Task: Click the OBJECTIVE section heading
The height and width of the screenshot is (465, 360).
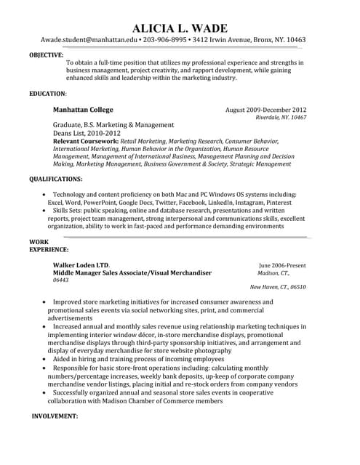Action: [46, 54]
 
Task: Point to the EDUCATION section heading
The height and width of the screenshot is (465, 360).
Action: [47, 94]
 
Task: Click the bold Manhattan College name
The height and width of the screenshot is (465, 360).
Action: [83, 110]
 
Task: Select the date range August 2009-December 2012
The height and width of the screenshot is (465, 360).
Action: [265, 110]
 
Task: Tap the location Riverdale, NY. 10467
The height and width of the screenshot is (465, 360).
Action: [281, 118]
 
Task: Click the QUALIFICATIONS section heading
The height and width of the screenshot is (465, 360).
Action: [55, 178]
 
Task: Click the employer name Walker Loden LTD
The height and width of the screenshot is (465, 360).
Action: [81, 265]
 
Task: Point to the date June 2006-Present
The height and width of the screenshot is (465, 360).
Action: [282, 265]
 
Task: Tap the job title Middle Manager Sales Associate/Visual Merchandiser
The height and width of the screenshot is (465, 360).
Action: [132, 272]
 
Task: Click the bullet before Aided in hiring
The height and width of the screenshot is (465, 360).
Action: [45, 359]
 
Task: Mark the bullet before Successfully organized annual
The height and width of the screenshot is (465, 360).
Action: [45, 392]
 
